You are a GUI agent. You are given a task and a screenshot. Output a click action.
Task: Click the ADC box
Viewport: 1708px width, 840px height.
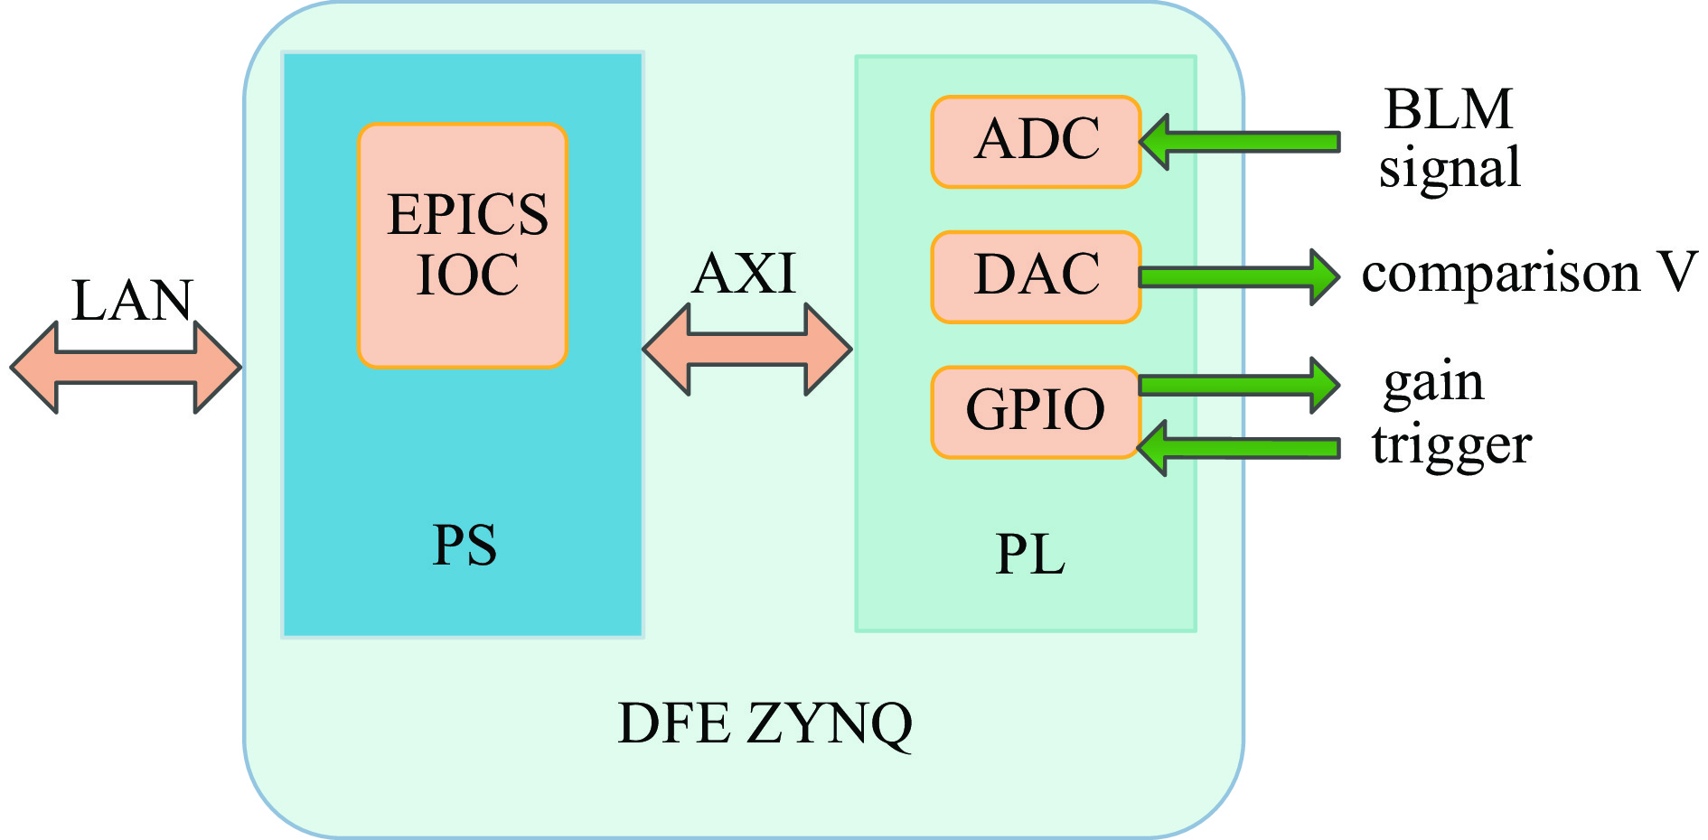1036,142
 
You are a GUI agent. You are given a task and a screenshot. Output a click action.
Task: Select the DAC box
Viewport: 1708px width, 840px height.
1036,276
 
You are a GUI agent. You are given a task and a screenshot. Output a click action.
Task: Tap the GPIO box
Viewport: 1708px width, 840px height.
1036,412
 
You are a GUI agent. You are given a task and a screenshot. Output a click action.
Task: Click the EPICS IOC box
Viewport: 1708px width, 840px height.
463,246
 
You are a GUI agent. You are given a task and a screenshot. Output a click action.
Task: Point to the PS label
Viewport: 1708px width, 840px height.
465,546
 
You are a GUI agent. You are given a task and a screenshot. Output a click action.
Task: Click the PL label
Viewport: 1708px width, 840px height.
1030,555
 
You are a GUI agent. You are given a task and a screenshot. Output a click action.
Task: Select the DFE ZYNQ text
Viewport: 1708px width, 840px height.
765,724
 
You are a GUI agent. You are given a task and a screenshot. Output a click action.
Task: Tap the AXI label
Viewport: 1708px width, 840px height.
745,274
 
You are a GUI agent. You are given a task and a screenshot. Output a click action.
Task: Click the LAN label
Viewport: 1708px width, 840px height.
132,301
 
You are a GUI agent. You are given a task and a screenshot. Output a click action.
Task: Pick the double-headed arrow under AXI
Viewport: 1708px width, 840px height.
747,350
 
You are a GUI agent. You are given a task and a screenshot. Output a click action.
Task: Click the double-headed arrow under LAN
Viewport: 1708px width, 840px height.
126,368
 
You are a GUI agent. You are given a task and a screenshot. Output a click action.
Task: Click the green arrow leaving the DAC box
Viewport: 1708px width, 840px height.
1238,277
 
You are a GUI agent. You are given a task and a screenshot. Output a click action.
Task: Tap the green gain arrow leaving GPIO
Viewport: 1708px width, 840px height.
1238,386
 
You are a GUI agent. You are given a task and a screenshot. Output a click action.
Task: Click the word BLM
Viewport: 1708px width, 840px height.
1448,110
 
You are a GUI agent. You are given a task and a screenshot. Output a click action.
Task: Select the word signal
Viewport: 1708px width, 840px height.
1450,169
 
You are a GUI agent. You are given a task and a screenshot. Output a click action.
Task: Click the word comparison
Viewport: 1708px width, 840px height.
1500,274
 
